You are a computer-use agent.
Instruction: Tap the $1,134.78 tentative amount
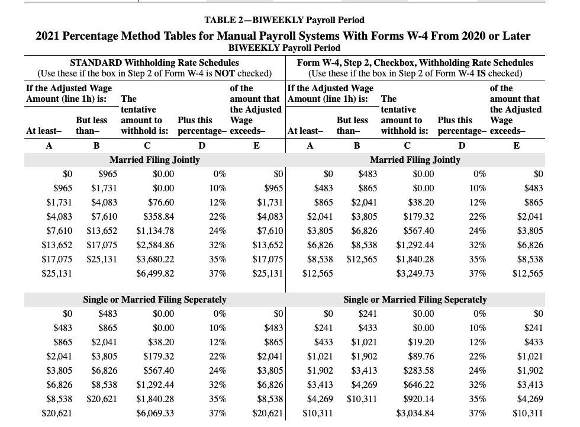(x=156, y=231)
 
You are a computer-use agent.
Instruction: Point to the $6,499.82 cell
(x=156, y=274)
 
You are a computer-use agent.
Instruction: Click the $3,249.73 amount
(x=415, y=274)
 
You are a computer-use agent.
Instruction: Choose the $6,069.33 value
(x=156, y=413)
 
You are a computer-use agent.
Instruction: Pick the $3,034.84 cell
(x=415, y=413)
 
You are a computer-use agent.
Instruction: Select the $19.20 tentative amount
(x=421, y=342)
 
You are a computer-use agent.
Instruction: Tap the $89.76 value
(x=421, y=356)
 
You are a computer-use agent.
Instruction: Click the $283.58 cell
(x=418, y=370)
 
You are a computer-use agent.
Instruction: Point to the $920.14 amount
(x=418, y=399)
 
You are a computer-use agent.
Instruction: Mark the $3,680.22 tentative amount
(x=156, y=259)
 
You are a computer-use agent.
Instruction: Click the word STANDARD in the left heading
(x=97, y=62)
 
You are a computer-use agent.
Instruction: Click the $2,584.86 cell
(x=156, y=245)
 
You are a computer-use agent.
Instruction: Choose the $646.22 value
(x=418, y=384)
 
